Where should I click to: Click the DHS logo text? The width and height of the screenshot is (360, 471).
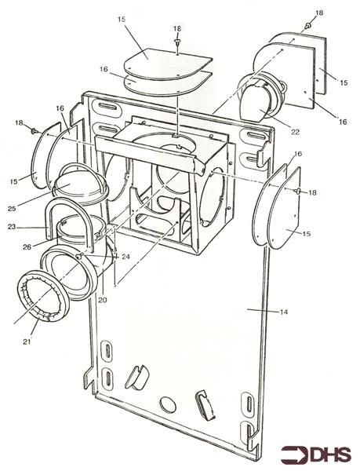tap(325, 454)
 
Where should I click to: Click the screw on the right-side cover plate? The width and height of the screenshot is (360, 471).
tap(298, 191)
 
